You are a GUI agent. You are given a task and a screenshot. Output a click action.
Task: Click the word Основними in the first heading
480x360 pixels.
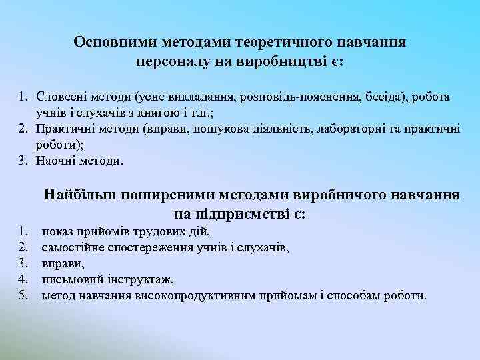pyautogui.click(x=114, y=42)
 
